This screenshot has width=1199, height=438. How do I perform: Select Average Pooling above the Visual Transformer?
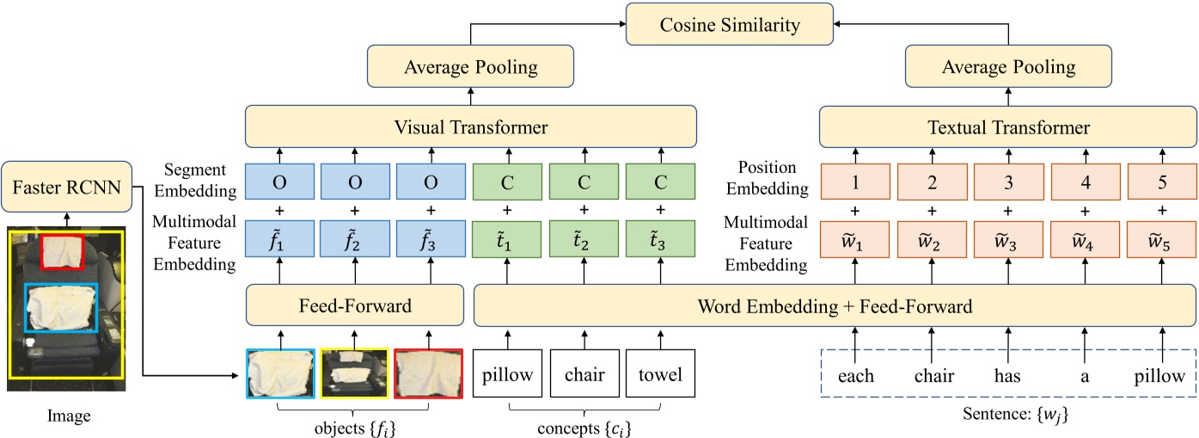tap(472, 66)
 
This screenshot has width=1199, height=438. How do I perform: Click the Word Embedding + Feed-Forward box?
tap(835, 306)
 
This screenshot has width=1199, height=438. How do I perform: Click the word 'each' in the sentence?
tap(856, 376)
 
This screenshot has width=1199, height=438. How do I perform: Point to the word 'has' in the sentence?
tap(1007, 376)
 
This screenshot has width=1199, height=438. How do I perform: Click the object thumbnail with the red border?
tap(428, 374)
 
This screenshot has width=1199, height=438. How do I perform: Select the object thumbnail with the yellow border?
tap(355, 374)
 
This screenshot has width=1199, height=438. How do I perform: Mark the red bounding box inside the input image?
tap(62, 250)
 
